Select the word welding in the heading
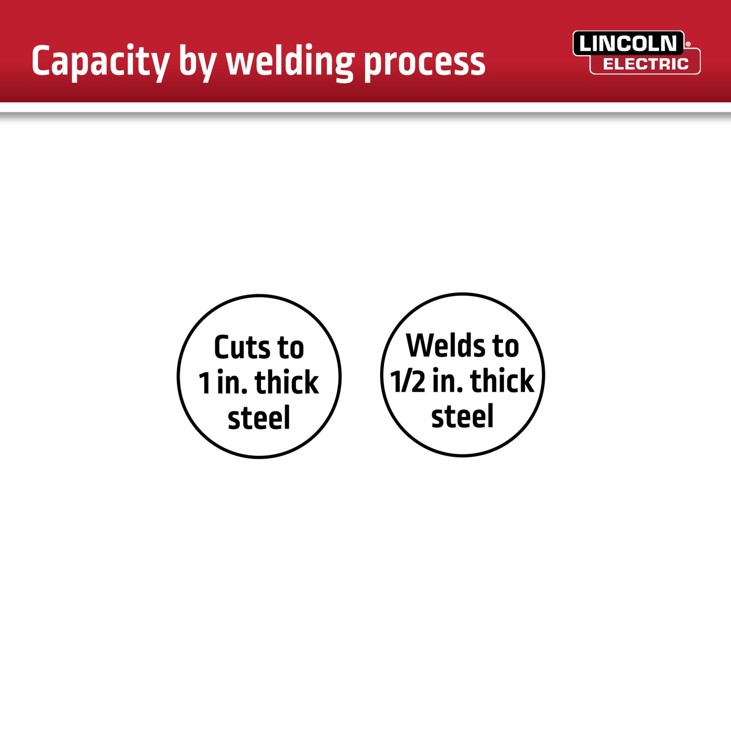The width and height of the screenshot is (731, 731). (x=290, y=62)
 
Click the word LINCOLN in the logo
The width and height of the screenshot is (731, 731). (x=628, y=44)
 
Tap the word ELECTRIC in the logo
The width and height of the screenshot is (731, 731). (x=646, y=64)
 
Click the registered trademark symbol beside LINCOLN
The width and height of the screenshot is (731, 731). (x=688, y=44)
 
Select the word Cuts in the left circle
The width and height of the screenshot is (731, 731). (x=242, y=347)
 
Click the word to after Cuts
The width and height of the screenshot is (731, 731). (x=291, y=349)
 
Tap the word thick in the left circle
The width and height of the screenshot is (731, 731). (x=286, y=382)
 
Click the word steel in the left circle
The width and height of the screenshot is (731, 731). (x=259, y=417)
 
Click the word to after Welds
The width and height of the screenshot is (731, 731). (x=505, y=347)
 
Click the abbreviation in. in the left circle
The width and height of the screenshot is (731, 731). (x=233, y=382)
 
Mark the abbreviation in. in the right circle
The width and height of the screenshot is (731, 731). (x=448, y=381)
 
